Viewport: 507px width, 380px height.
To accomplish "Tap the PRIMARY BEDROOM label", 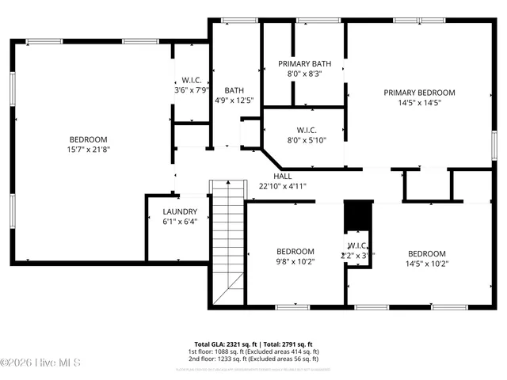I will (x=419, y=93).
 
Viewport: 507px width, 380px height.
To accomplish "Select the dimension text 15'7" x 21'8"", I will (x=88, y=149).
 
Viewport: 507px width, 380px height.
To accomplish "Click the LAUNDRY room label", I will (x=180, y=212).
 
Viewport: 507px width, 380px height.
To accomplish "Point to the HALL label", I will (x=283, y=177).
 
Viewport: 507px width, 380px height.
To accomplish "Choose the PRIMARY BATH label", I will (x=304, y=64).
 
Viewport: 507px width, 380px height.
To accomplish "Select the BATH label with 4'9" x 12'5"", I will (x=234, y=90).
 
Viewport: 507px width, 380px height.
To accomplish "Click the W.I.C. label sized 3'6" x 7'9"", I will (x=191, y=80).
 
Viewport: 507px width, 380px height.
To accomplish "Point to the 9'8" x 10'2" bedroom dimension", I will (x=295, y=261).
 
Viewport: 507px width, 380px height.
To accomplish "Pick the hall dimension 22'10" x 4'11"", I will (x=283, y=186).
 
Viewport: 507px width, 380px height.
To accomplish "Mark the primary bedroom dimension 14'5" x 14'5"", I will (x=419, y=102).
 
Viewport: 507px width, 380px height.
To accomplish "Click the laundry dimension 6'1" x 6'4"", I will (x=180, y=222).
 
